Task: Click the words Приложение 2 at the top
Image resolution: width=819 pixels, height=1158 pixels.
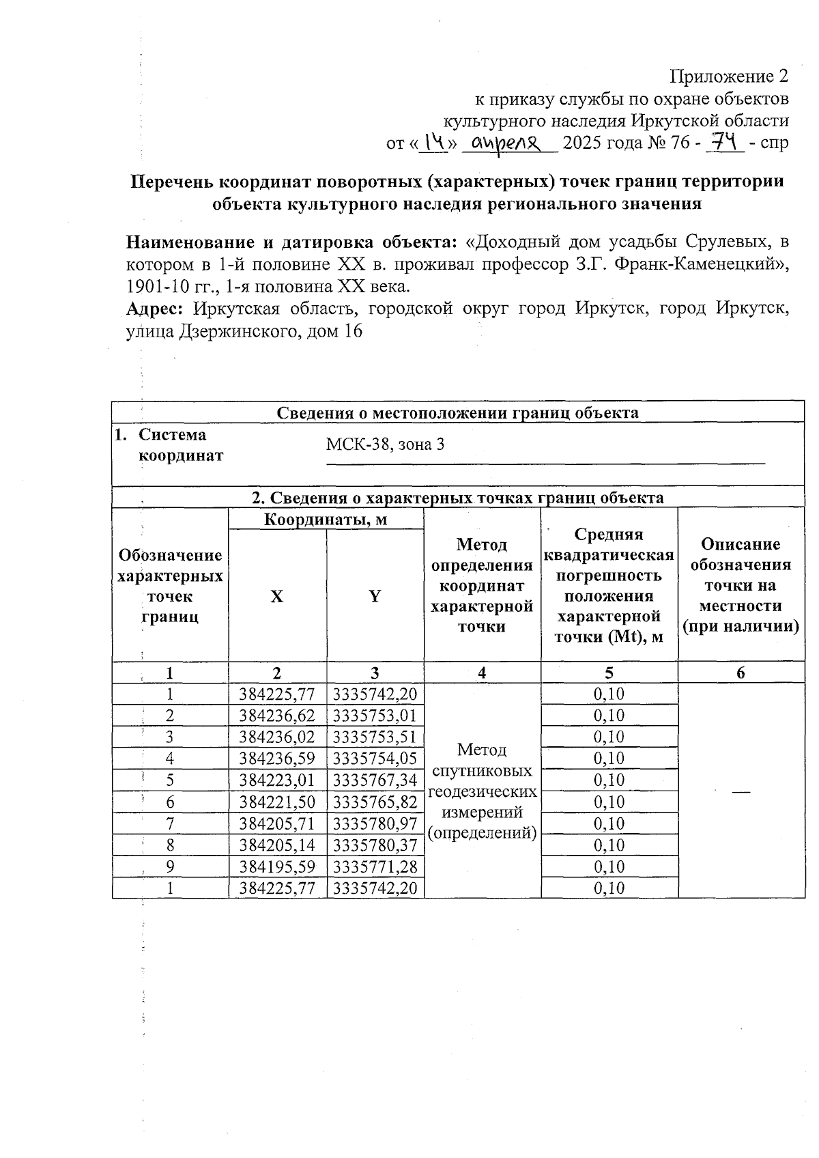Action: coord(729,76)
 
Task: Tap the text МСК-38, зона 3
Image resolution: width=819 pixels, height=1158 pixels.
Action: coord(385,444)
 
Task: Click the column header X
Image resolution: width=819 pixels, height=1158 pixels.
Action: coord(276,596)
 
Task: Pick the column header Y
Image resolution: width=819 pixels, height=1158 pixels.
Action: coord(375,596)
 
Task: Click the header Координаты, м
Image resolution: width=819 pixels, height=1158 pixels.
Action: coord(326,520)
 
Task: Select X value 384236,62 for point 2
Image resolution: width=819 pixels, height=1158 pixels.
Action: coord(276,715)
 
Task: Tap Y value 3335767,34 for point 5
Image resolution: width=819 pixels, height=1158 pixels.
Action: coord(375,780)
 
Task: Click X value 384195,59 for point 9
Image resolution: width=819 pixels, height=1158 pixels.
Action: coord(276,866)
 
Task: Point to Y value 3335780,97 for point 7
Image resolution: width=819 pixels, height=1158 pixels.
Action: coord(375,823)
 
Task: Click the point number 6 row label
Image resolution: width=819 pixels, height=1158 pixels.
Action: coord(169,802)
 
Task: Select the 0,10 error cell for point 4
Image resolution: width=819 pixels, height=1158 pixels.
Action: coord(609,758)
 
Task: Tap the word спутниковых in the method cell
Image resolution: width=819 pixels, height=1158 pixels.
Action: coord(482,771)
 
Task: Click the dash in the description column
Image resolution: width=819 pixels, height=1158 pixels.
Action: coord(741,790)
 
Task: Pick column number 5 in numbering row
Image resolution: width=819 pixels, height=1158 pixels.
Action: coord(609,673)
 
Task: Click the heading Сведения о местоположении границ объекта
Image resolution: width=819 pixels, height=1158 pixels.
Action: coord(457,412)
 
